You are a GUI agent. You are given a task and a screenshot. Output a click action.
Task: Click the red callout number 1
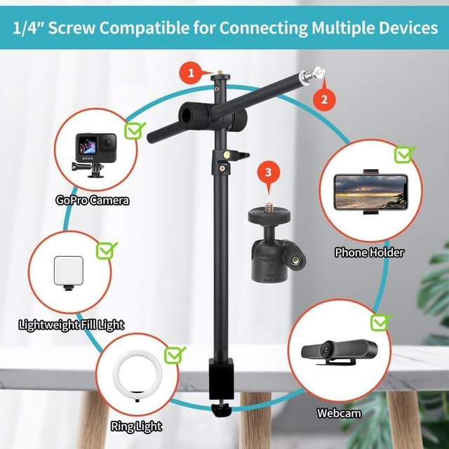[x=189, y=71]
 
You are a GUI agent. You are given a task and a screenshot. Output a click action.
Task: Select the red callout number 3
[x=267, y=171]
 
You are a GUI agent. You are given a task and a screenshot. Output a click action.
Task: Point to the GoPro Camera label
[x=93, y=201]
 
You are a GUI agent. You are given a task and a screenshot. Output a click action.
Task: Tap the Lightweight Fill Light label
[x=72, y=324]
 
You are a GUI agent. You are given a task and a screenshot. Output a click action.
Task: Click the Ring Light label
[x=136, y=426]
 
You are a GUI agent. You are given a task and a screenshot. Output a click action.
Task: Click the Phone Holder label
[x=369, y=252]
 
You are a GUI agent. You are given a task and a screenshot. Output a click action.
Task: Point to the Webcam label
[x=338, y=413]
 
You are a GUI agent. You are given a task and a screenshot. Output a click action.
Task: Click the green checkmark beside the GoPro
[x=134, y=129]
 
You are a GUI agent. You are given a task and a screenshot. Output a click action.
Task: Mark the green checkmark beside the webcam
[x=380, y=322]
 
